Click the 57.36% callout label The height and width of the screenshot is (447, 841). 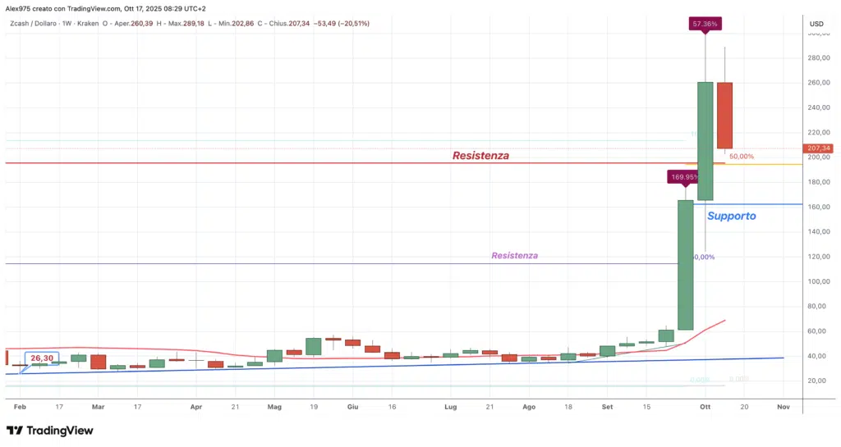tap(705, 25)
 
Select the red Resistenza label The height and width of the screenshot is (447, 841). tap(480, 156)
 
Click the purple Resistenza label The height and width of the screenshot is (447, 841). tap(515, 256)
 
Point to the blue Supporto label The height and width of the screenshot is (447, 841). tap(731, 216)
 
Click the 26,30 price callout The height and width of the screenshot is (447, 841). tap(42, 358)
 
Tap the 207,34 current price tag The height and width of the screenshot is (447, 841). tap(820, 148)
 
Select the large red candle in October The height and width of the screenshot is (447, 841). tap(724, 115)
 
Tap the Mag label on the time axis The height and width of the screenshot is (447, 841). tap(274, 406)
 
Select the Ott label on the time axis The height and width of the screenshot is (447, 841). tap(704, 406)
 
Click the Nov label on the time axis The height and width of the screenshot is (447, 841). tap(783, 406)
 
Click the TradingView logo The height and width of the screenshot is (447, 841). tap(49, 431)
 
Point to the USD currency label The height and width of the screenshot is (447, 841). tap(816, 24)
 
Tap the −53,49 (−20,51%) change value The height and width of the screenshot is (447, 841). tap(339, 24)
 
